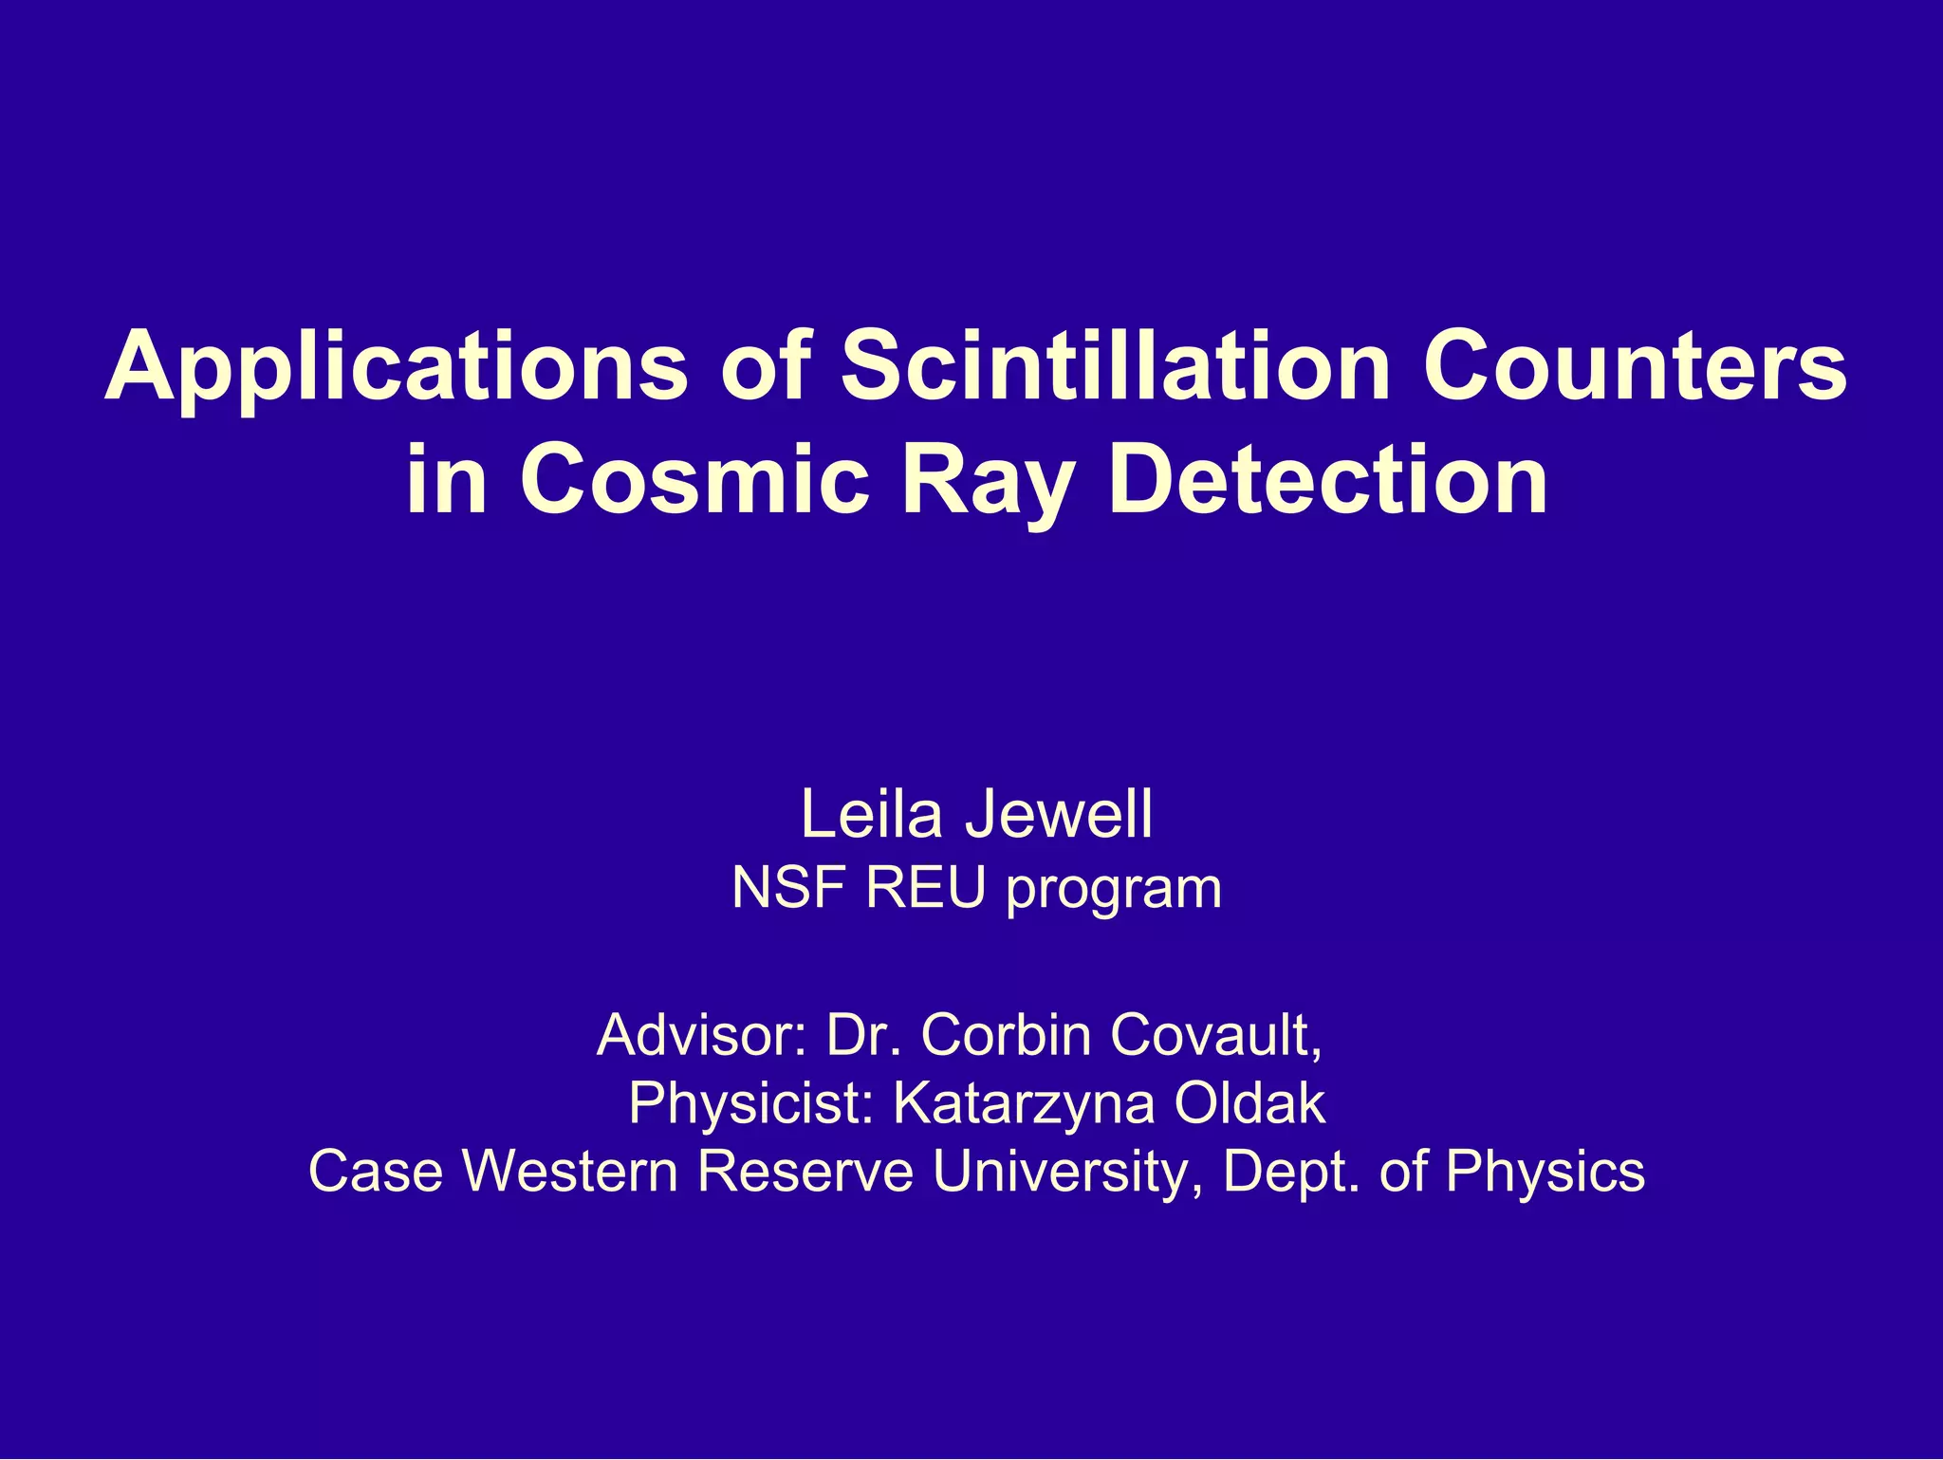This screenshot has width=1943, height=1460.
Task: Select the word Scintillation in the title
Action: pos(1115,365)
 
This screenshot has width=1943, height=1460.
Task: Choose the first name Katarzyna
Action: pos(1024,1104)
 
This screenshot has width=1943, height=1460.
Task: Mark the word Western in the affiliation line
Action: pos(569,1171)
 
